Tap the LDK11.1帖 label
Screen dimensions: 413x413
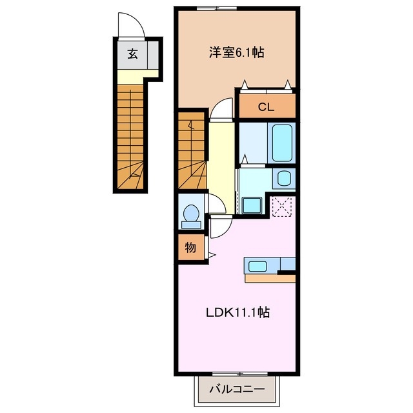[237, 313]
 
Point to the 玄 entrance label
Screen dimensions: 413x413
[132, 54]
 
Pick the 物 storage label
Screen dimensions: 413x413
[190, 248]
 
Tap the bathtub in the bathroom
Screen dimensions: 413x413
[283, 143]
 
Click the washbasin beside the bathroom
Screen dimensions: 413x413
[283, 178]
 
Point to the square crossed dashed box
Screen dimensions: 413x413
[282, 206]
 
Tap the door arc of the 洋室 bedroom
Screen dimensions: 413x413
[221, 108]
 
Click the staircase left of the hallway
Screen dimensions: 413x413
[192, 152]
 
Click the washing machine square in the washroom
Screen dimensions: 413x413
[250, 205]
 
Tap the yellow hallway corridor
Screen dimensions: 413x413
[221, 158]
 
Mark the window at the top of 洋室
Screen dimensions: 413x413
[216, 8]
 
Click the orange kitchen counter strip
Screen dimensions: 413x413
[269, 279]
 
